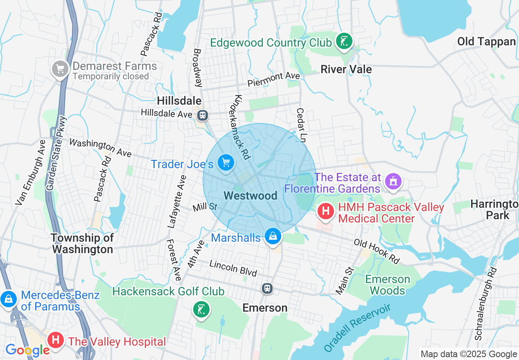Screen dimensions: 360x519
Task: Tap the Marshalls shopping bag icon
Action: [273, 236]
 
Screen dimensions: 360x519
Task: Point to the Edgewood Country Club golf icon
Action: [344, 41]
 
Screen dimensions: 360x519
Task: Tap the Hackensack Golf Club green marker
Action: [201, 309]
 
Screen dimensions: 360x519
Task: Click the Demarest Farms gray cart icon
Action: [61, 69]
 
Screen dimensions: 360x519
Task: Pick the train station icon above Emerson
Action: [267, 288]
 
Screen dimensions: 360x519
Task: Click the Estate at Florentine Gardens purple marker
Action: [393, 180]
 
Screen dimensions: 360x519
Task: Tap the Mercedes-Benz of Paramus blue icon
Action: [8, 299]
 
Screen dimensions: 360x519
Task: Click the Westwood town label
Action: [250, 196]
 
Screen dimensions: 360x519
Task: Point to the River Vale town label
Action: [346, 69]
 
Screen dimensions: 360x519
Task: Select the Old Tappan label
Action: [486, 41]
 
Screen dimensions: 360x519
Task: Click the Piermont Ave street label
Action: [274, 79]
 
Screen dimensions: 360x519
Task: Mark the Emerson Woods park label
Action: [388, 285]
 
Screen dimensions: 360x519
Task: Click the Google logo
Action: [27, 350]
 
